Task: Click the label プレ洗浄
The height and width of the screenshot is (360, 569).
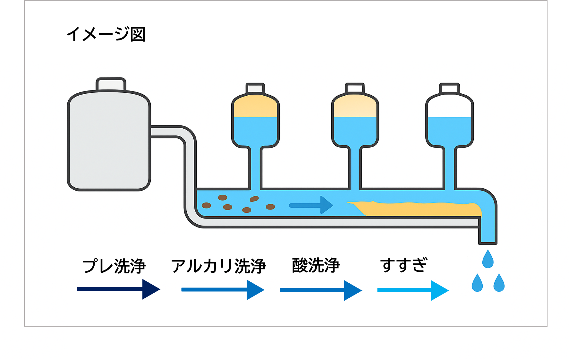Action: (x=114, y=266)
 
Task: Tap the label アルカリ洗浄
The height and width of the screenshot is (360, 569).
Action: (x=218, y=266)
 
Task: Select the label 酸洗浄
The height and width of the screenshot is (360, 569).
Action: (x=316, y=265)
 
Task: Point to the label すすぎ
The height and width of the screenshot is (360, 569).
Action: (x=403, y=265)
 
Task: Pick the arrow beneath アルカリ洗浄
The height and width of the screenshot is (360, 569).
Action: (x=223, y=290)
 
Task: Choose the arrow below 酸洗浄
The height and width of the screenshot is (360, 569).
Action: (x=320, y=290)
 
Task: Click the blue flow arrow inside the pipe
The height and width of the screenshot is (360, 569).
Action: (x=311, y=205)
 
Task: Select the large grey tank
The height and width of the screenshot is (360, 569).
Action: (x=109, y=141)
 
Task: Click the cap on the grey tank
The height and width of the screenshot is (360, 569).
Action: (x=111, y=84)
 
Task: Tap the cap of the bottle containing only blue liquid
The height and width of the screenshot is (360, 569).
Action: (x=449, y=88)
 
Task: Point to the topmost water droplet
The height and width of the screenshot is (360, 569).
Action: (x=488, y=260)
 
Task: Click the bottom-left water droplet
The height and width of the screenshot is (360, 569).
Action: (x=477, y=283)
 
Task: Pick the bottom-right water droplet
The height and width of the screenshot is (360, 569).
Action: (x=499, y=283)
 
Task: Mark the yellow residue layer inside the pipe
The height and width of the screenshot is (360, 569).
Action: (x=417, y=209)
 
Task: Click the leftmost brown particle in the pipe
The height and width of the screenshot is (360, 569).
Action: (x=206, y=205)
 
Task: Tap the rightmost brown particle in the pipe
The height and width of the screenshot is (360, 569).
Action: (x=270, y=207)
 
